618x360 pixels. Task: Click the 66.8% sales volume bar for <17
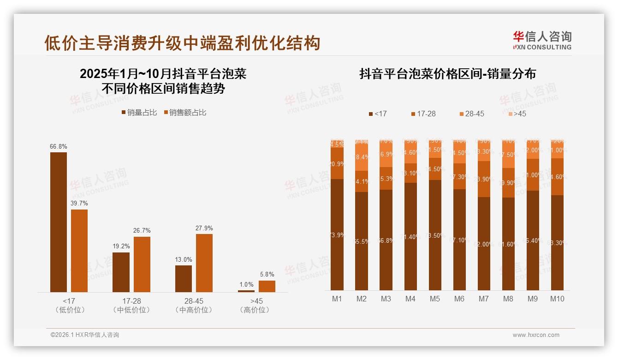(59, 222)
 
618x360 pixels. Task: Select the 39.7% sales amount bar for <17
(79, 251)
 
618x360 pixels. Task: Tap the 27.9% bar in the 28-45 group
(204, 263)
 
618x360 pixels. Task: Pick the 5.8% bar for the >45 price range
(267, 286)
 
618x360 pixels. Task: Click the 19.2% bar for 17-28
(121, 272)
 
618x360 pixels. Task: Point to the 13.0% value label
(183, 259)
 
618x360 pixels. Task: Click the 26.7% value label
(142, 231)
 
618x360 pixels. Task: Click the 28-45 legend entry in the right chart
(471, 114)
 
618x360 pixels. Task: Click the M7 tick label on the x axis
(483, 299)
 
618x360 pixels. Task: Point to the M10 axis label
(557, 299)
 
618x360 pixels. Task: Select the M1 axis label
(337, 299)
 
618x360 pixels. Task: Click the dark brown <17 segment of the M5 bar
(435, 235)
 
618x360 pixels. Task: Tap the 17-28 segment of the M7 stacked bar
(484, 179)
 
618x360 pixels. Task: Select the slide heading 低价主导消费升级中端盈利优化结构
(182, 43)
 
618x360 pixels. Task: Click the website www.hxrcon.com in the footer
(536, 335)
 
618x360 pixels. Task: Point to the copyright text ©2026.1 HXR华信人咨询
(85, 335)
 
